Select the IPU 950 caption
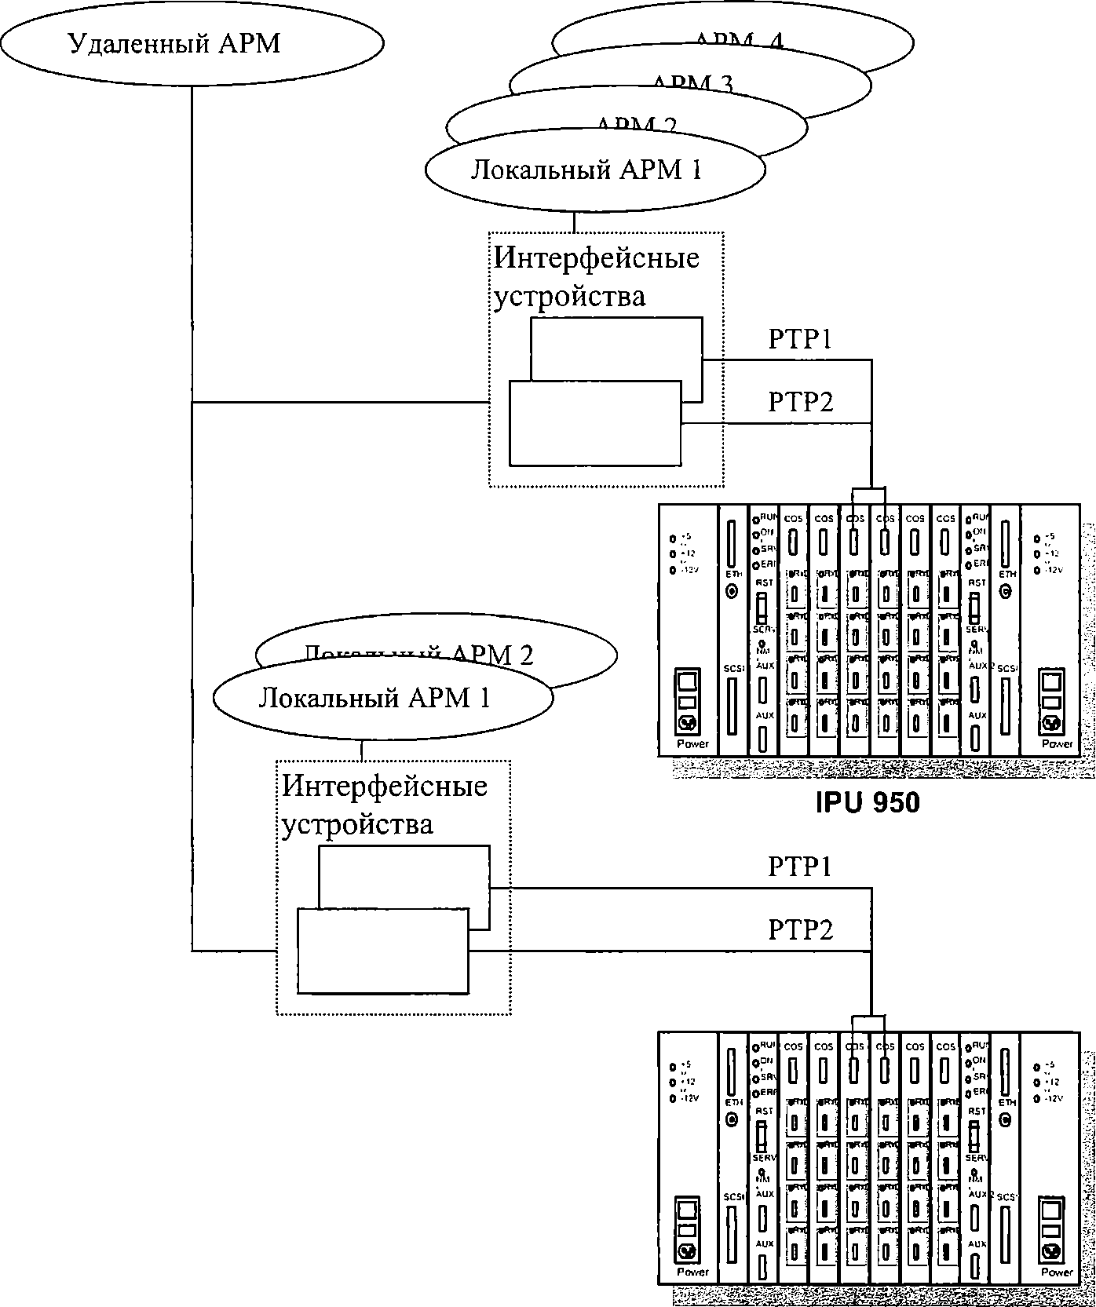pos(867,802)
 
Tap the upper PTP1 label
pos(799,339)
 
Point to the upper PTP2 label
pos(799,402)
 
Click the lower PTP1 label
pos(799,867)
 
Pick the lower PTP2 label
pos(799,930)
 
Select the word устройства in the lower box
pos(357,826)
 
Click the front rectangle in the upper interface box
pos(594,423)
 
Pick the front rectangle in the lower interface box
pos(382,951)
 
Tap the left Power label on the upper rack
pos(692,743)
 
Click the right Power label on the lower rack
pos(1057,1272)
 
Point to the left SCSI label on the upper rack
pos(732,668)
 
